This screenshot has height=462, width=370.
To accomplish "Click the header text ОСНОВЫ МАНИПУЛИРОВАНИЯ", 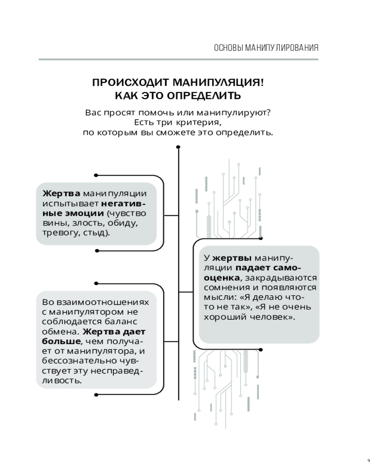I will [x=266, y=48].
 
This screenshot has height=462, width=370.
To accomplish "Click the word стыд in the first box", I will [x=97, y=232].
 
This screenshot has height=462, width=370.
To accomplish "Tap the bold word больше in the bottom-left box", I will [x=61, y=341].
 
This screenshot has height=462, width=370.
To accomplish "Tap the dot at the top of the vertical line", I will [x=179, y=147].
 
